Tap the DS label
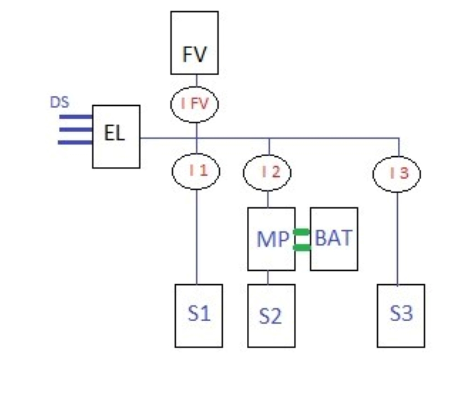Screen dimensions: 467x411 [x=60, y=103]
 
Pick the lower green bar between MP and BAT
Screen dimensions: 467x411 [x=302, y=247]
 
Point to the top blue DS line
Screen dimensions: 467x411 [x=76, y=117]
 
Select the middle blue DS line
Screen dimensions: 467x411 [x=76, y=129]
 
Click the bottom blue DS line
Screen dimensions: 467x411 [x=75, y=143]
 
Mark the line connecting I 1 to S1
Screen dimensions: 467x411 [x=197, y=237]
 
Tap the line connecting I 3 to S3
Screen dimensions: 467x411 [x=397, y=239]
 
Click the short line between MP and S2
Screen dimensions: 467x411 [x=268, y=277]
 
